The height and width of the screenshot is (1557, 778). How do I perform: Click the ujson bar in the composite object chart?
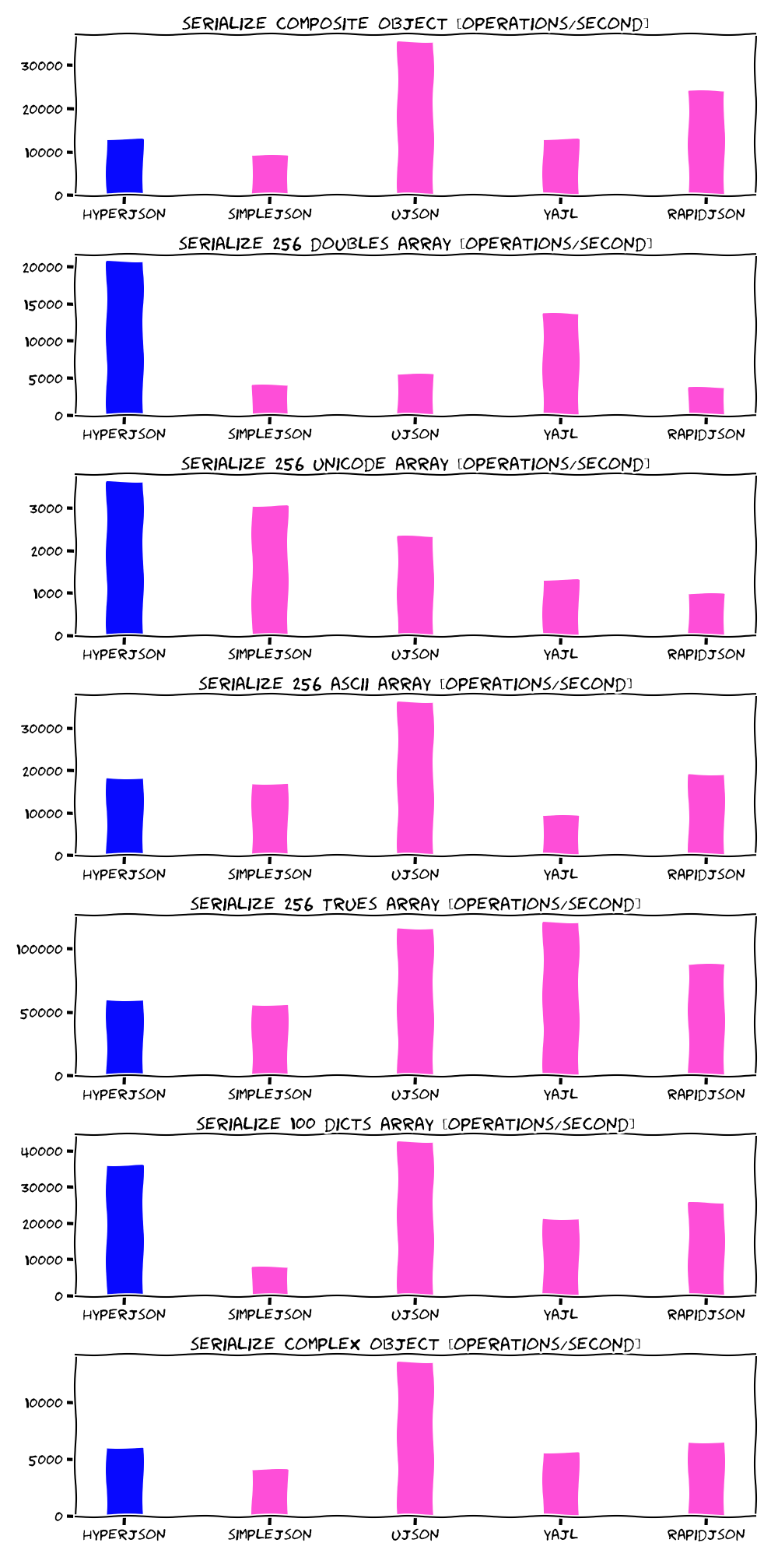coord(415,117)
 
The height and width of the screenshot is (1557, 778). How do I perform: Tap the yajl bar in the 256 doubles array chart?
coord(560,364)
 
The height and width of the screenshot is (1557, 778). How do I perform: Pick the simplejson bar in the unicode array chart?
coord(270,570)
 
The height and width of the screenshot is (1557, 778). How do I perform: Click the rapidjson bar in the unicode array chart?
coord(706,614)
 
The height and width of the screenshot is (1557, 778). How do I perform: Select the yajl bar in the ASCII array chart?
coord(560,835)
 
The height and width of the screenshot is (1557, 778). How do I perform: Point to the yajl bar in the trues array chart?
coord(560,998)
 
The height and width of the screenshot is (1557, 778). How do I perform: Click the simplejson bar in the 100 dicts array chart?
coord(270,1281)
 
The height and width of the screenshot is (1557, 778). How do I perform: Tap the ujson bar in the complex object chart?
coord(415,1438)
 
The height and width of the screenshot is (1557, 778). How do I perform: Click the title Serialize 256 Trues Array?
coord(415,904)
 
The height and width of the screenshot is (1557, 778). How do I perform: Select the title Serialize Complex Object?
coord(415,1344)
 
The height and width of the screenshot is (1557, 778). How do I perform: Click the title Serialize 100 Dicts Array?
coord(415,1124)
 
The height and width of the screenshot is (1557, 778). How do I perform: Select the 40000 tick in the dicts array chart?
coord(44,1151)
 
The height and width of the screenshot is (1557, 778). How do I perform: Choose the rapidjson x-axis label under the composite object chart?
coord(706,214)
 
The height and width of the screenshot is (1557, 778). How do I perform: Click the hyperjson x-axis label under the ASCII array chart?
coord(124,874)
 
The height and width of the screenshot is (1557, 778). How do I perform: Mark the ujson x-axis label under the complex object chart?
coord(415,1534)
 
